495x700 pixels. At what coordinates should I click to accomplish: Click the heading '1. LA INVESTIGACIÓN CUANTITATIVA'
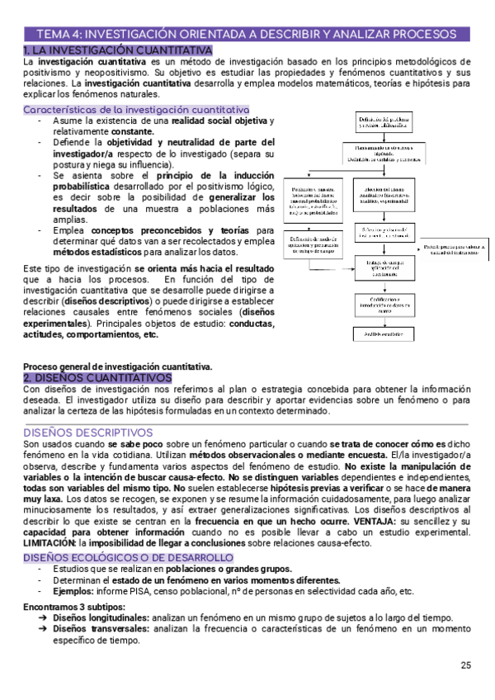[x=118, y=50]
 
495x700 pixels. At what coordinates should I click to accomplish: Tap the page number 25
[x=466, y=666]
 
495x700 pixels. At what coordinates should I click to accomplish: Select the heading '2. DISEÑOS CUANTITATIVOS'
[x=97, y=377]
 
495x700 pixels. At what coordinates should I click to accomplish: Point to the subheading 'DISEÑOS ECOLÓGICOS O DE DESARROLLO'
[x=128, y=558]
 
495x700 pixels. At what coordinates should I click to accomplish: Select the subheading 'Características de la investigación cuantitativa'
[x=136, y=109]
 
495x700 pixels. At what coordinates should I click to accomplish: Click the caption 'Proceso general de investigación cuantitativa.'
[x=117, y=367]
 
